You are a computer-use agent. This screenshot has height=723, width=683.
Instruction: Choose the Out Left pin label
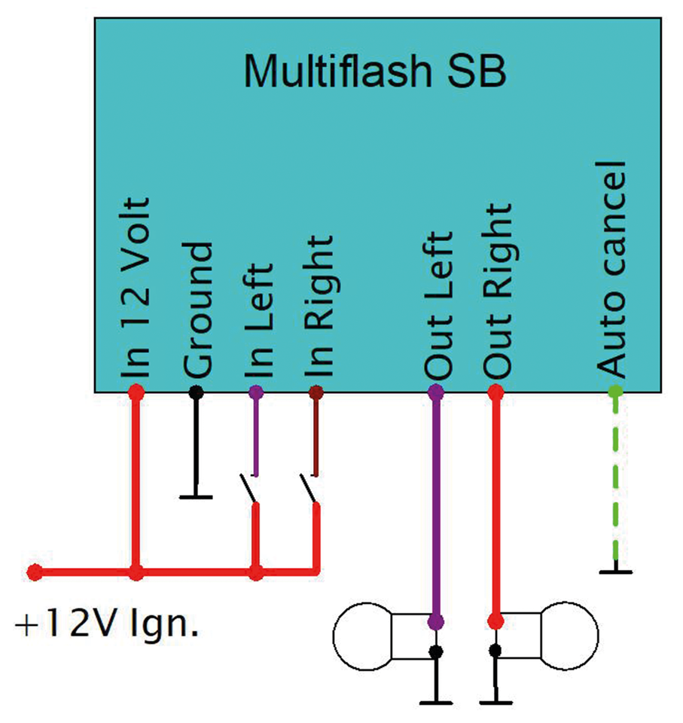click(x=438, y=304)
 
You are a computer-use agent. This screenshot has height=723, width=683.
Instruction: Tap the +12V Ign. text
click(x=106, y=624)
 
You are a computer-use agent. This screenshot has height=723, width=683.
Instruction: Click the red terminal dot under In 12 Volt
click(x=136, y=392)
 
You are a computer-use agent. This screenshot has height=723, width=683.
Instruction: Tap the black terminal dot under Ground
click(x=197, y=392)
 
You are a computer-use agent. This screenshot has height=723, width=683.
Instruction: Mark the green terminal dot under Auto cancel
click(x=616, y=392)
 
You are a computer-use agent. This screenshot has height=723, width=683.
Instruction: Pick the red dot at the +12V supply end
click(x=34, y=572)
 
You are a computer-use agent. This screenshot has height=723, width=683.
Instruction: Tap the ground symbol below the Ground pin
click(x=197, y=496)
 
